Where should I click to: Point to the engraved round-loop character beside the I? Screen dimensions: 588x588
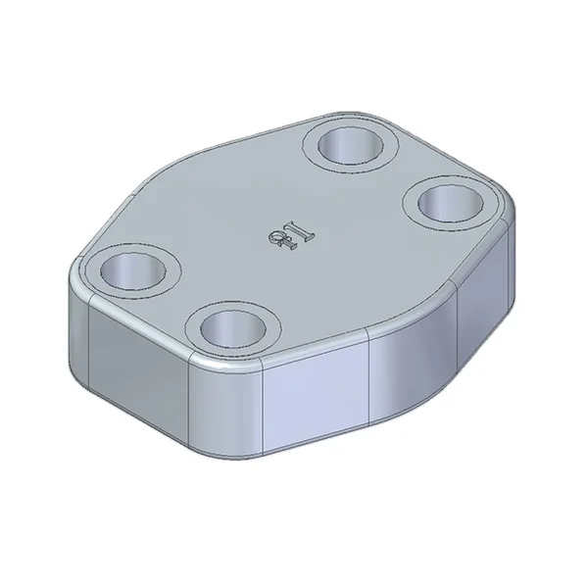275,244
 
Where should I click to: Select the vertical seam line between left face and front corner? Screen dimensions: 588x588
190,393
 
